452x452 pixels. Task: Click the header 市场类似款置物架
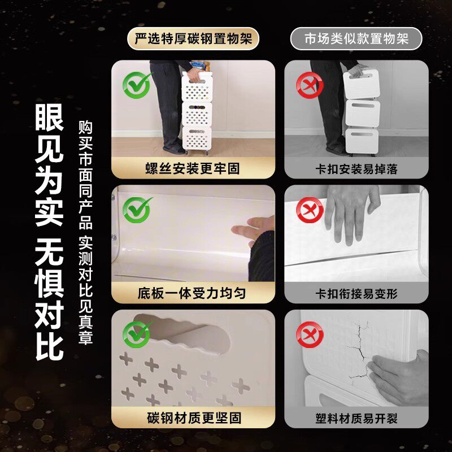pos(356,40)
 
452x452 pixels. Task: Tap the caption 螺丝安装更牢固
pos(193,168)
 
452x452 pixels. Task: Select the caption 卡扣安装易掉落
pos(356,168)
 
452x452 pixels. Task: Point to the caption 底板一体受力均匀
pos(193,293)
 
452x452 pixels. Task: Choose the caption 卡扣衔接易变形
pos(356,293)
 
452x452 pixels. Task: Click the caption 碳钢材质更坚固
pos(193,419)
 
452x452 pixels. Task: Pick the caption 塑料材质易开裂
pos(356,419)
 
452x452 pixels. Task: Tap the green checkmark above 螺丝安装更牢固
pos(137,85)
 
